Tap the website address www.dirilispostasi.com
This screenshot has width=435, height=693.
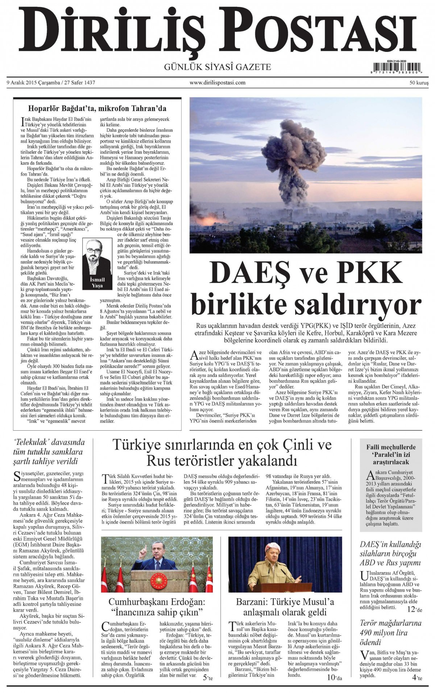[217, 83]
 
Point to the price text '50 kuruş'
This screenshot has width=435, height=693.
[419, 83]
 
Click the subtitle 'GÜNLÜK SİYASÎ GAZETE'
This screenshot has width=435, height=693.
[217, 67]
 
